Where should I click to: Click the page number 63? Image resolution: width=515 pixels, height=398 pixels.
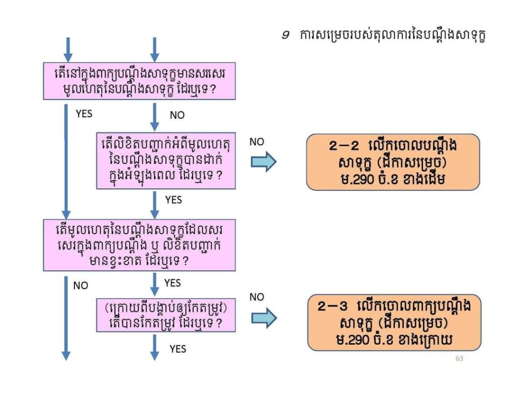(459, 359)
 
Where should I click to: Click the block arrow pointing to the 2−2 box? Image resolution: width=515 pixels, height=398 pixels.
(264, 162)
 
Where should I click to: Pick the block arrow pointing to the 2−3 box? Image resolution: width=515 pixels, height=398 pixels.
(264, 317)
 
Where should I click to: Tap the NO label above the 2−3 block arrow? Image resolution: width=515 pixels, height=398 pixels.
(256, 297)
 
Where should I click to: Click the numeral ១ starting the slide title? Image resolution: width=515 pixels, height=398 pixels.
(285, 36)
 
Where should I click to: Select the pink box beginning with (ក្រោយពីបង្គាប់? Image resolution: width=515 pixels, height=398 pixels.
(166, 315)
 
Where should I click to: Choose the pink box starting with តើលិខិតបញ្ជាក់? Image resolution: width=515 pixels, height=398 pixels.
(166, 161)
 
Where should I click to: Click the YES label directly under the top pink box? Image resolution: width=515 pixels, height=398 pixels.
(84, 114)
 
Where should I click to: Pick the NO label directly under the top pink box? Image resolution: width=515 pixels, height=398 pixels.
(177, 115)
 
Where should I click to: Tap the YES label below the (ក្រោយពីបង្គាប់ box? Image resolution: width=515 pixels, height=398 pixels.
(178, 349)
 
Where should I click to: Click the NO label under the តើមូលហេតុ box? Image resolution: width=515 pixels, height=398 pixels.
(80, 286)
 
